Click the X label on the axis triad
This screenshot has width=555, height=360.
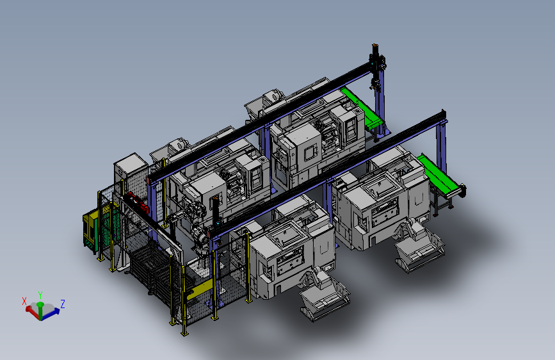click(24, 301)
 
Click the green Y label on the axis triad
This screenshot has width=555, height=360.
click(40, 295)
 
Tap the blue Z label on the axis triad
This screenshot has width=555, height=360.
click(62, 304)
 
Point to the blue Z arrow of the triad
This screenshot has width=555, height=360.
click(51, 313)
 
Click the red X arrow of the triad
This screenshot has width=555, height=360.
click(33, 313)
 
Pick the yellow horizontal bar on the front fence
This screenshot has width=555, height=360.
click(200, 290)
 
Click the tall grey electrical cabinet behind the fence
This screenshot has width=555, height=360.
click(129, 177)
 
